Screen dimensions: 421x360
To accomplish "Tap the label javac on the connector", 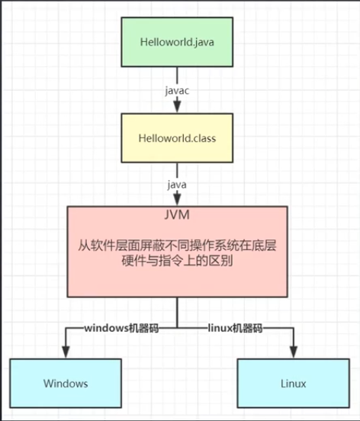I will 177,89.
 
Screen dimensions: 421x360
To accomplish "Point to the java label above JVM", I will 177,185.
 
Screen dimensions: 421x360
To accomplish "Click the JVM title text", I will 177,216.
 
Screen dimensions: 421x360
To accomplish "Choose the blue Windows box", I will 66,383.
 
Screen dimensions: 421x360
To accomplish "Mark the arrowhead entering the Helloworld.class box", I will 177,109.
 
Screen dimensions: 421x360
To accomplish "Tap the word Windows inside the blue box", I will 66,383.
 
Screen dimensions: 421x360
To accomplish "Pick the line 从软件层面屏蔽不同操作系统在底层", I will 177,246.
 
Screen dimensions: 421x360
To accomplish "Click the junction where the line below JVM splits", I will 177,327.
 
